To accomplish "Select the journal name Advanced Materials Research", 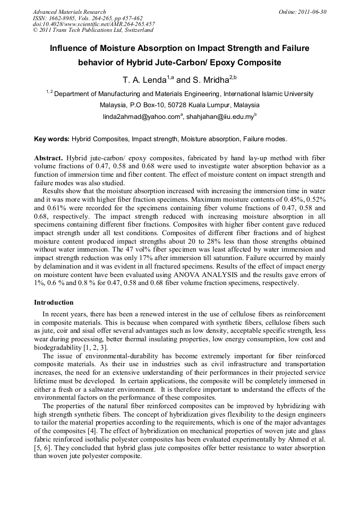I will (69, 12).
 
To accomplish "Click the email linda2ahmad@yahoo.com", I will (141, 117).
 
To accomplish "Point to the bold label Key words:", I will (52, 140).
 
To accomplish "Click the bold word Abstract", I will (49, 159).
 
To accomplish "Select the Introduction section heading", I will (54, 303).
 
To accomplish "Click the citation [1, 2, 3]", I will (93, 347).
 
